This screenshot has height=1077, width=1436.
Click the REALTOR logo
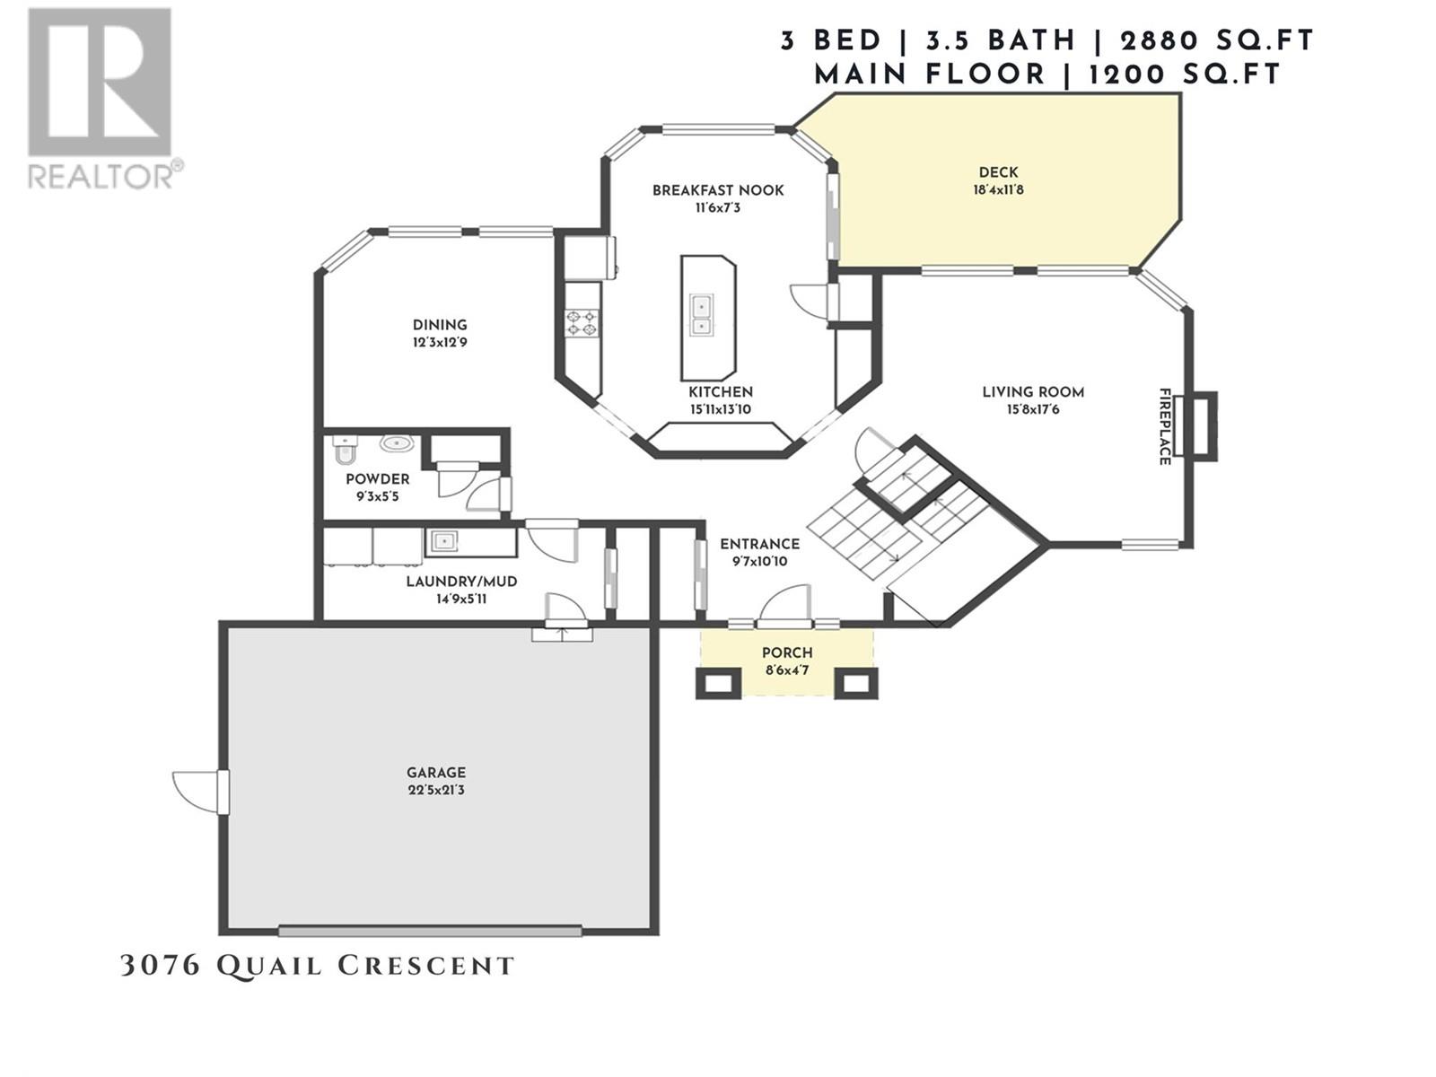[105, 98]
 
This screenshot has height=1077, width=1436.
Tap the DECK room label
[998, 172]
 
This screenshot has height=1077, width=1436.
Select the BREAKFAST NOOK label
[718, 190]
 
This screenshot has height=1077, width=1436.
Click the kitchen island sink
[701, 315]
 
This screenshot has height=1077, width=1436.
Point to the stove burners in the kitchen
[582, 322]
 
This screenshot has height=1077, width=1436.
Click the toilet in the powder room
[344, 450]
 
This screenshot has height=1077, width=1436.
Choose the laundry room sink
[443, 541]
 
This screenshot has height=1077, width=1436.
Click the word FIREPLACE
[1164, 426]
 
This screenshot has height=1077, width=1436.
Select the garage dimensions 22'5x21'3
[435, 790]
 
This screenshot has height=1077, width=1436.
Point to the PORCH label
[787, 652]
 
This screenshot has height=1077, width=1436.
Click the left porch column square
[718, 683]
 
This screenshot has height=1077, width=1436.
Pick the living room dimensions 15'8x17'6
[1033, 410]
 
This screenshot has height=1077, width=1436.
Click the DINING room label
[440, 325]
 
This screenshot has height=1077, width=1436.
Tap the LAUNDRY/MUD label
[461, 582]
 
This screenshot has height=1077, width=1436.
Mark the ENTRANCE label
[759, 544]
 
